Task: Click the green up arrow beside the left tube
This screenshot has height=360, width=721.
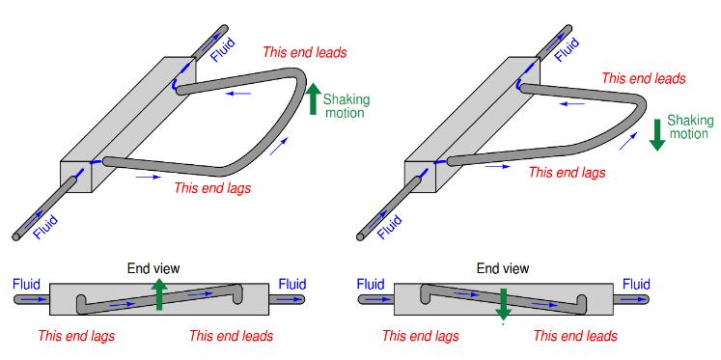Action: tap(313, 98)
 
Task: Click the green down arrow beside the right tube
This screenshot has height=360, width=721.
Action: tap(657, 135)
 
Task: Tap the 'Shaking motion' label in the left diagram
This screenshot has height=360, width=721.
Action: tap(347, 106)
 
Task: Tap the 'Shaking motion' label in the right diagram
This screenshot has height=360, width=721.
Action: tap(690, 127)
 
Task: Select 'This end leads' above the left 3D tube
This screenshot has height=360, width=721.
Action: tap(304, 52)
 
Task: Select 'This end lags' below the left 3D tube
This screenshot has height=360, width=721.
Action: tap(212, 188)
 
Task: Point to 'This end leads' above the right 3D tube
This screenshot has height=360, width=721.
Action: tap(644, 78)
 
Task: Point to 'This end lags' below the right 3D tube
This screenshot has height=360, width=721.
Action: tap(567, 173)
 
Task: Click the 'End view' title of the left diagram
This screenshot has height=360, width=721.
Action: tap(153, 268)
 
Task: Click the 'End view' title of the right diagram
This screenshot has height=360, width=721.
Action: tap(503, 268)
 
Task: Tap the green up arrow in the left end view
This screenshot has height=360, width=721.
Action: tap(159, 294)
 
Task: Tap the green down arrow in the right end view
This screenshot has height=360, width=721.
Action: tap(504, 304)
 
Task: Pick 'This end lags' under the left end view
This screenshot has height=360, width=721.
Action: tap(76, 336)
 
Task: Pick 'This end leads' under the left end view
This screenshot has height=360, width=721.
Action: tap(232, 336)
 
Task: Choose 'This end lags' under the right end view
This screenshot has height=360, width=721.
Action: tap(421, 336)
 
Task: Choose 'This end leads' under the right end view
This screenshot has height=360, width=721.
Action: tap(575, 336)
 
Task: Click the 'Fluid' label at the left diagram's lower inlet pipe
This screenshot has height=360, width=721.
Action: tap(46, 227)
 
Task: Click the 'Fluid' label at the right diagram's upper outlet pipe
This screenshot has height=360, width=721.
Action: tap(567, 50)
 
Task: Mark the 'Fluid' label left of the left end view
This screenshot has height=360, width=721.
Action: tap(27, 284)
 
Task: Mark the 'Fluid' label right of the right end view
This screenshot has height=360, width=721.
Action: tap(636, 284)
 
